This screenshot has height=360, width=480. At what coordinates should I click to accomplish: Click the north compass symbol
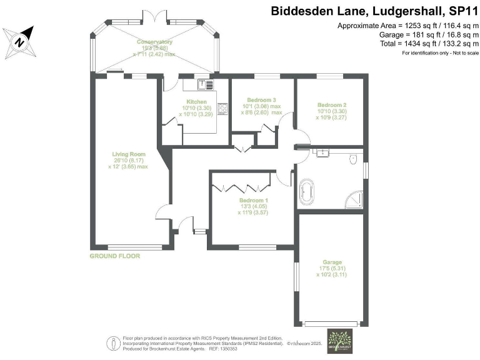pyautogui.click(x=19, y=42)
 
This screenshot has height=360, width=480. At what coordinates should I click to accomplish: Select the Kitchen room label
pyautogui.click(x=196, y=101)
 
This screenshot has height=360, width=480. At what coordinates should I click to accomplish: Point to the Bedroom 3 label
pyautogui.click(x=261, y=100)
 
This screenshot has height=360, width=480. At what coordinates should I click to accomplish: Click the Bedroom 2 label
pyautogui.click(x=331, y=104)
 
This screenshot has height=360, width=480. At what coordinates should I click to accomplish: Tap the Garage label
pyautogui.click(x=332, y=262)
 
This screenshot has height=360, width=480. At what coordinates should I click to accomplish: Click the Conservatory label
pyautogui.click(x=156, y=42)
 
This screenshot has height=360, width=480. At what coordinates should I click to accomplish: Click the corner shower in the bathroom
pyautogui.click(x=354, y=198)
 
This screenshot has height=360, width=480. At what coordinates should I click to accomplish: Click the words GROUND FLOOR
pyautogui.click(x=115, y=256)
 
